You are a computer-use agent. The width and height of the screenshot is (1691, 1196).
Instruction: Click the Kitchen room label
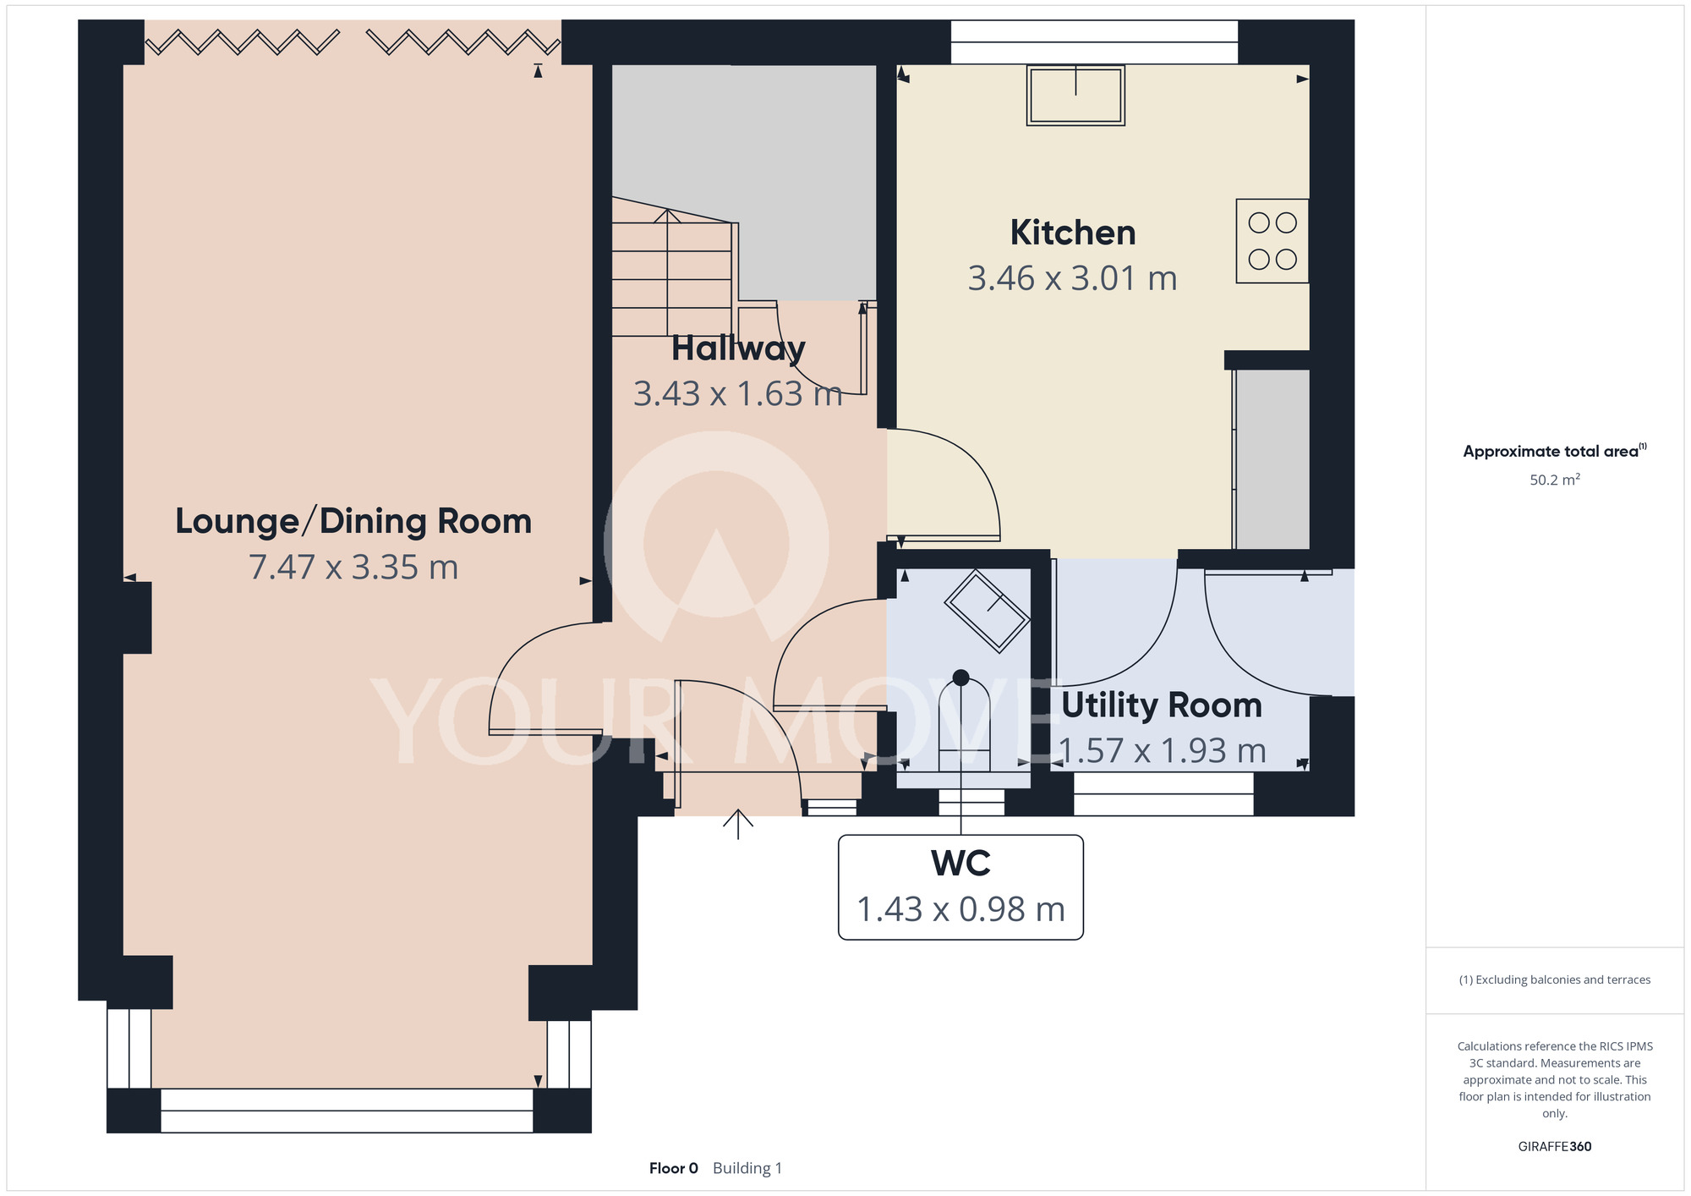(x=1073, y=233)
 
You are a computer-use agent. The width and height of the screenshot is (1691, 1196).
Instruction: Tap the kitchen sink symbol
(x=1075, y=96)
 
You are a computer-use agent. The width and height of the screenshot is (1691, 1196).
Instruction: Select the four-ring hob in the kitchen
(x=1272, y=241)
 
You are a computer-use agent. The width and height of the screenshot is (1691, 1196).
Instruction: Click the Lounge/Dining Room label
(x=353, y=522)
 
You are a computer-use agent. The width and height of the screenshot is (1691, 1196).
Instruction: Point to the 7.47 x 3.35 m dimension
(x=353, y=567)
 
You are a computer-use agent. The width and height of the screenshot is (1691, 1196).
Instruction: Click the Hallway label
(x=738, y=348)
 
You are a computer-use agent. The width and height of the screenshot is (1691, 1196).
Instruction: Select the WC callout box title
(x=960, y=864)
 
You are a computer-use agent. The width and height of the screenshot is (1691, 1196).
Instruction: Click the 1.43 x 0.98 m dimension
(x=960, y=909)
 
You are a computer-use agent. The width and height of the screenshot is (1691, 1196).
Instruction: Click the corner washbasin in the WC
(x=987, y=612)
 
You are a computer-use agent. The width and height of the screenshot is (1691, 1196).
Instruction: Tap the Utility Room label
(x=1162, y=705)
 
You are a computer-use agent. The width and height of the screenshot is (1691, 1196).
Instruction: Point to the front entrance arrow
(x=738, y=824)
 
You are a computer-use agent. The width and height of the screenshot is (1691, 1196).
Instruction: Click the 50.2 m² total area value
(x=1555, y=480)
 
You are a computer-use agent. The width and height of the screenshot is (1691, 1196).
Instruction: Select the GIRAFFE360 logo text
(x=1555, y=1147)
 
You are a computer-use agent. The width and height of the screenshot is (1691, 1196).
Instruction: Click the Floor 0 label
(x=674, y=1168)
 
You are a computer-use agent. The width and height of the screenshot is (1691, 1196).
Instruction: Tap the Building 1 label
(x=747, y=1168)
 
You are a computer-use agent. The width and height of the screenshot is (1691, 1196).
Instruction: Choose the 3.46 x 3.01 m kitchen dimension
(x=1073, y=278)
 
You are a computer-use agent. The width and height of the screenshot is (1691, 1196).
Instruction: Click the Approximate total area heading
(x=1555, y=451)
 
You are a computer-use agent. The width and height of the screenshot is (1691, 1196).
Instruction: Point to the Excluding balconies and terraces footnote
(x=1555, y=979)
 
